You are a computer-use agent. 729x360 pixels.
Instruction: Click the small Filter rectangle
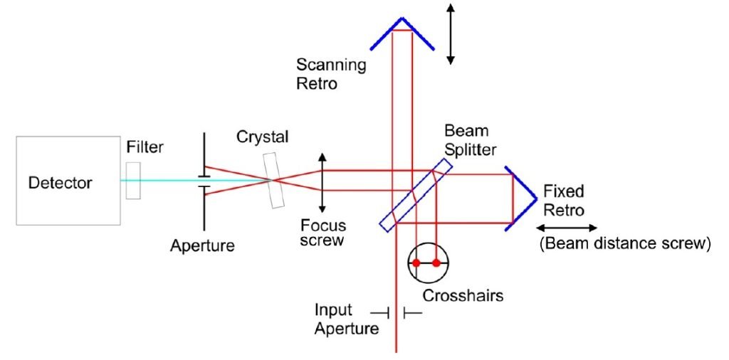coord(133,181)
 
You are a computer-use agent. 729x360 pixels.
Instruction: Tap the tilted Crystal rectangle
coord(273,180)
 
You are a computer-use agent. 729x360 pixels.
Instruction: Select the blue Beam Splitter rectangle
coord(415,195)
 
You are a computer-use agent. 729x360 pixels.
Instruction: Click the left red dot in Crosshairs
coord(416,263)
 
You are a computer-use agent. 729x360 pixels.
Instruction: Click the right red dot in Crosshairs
coord(436,263)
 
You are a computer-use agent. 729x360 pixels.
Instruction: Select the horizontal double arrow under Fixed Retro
coord(566,228)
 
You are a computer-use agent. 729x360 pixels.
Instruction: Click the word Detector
coord(60,183)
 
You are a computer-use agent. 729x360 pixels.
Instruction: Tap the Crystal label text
coord(262,137)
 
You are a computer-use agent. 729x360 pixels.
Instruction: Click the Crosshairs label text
coord(463,295)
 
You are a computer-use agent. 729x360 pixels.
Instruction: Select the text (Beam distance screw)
coord(625,243)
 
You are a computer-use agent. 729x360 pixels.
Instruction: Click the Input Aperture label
coord(347,319)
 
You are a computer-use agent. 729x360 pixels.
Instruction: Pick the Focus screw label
coord(323,233)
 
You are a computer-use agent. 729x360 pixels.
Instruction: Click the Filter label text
coord(145,148)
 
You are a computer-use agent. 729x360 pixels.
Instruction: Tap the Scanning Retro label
coord(331,74)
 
